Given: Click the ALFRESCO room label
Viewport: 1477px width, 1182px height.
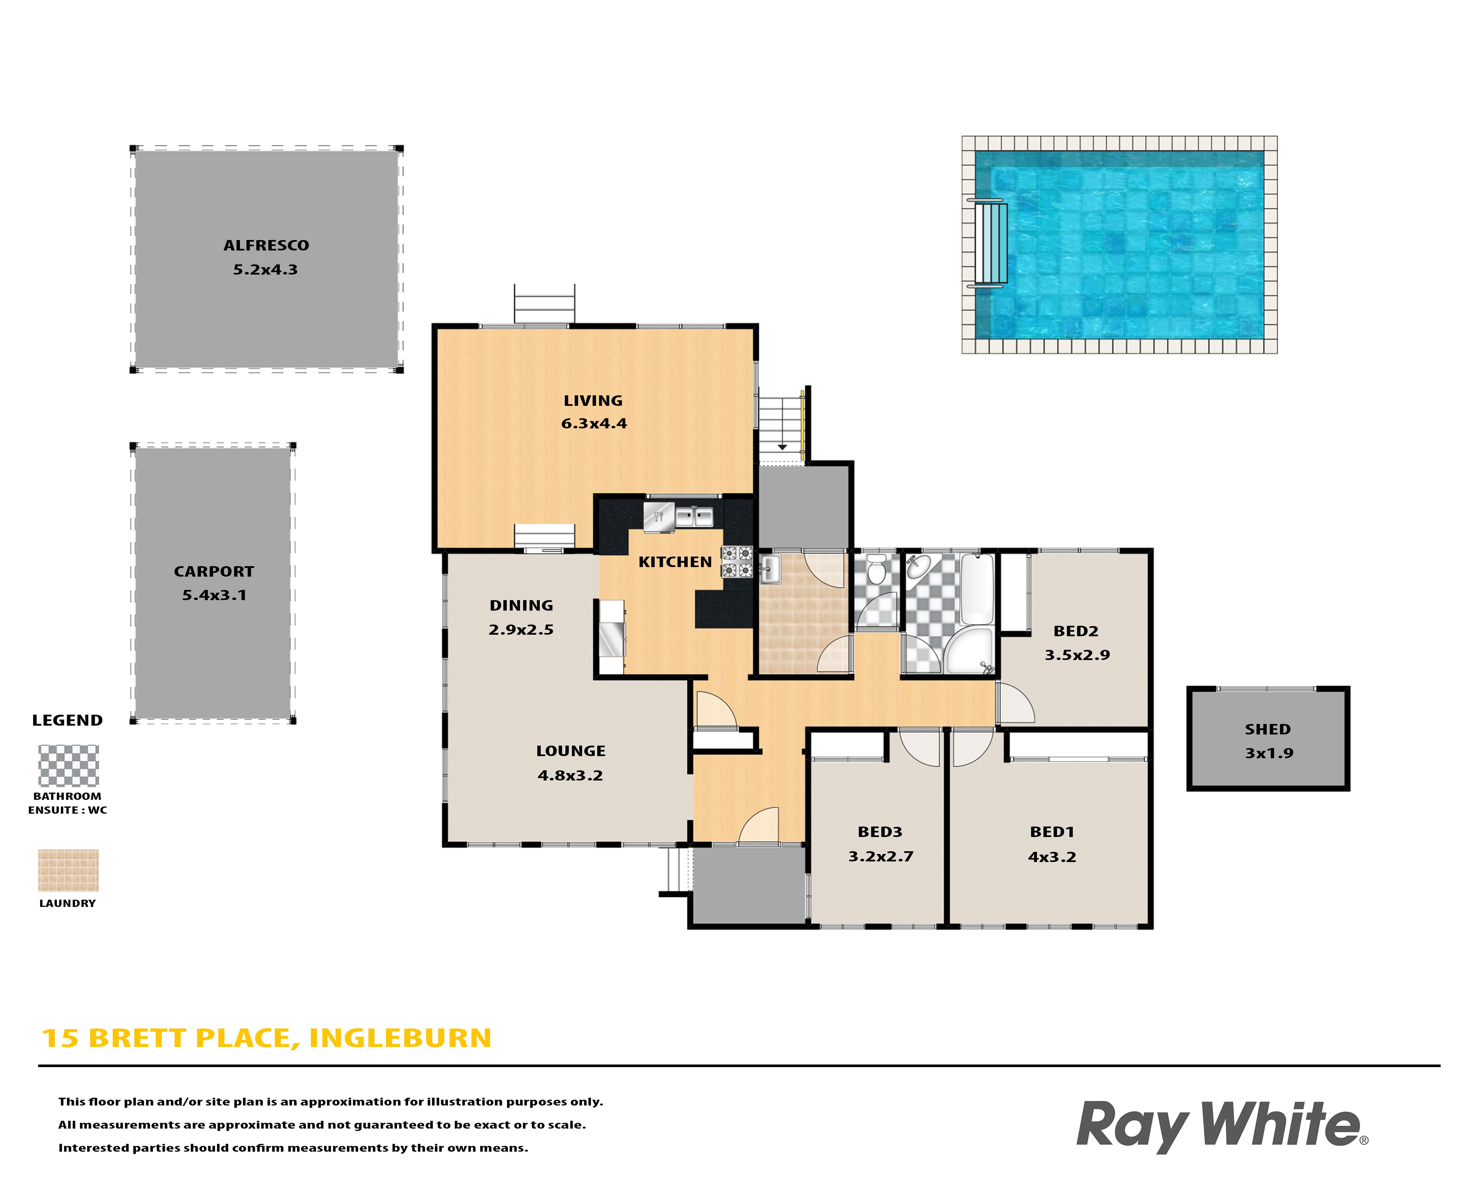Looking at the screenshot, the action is coord(266,245).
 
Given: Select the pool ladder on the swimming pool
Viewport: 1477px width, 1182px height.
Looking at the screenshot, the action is coord(988,243).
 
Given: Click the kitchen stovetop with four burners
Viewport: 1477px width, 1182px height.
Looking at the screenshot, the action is coord(737,562).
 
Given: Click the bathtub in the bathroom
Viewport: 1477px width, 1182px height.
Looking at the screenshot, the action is coord(977,588).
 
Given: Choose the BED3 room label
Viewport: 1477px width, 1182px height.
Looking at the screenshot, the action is coord(880,832).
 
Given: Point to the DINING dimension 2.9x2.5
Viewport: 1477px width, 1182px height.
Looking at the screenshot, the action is coord(521,630).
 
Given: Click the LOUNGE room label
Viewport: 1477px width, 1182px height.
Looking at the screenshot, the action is coord(571,751).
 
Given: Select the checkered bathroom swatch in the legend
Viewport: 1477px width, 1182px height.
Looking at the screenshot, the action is coord(69,765).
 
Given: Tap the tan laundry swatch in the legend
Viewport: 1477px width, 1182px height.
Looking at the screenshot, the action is coord(69,870).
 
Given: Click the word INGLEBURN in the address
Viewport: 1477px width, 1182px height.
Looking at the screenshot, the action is coord(400,1038).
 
